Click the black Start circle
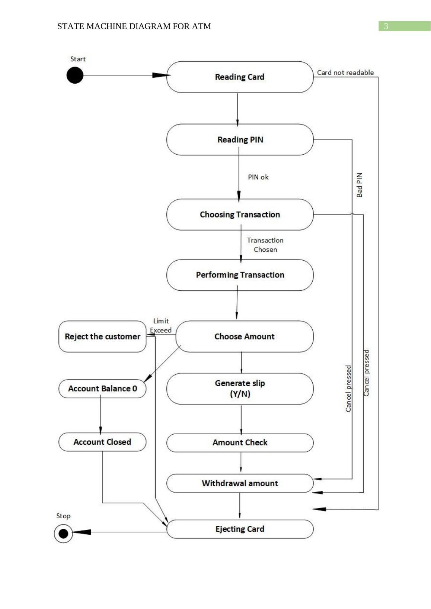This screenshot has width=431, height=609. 75,75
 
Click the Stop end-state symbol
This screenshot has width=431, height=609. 63,534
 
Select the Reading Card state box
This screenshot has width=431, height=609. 240,77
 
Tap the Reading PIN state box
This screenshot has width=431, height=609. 240,139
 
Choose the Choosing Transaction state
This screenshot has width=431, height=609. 240,215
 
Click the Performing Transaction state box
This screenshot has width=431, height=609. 240,275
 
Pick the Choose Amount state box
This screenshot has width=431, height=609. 244,336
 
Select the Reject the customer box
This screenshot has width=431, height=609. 102,336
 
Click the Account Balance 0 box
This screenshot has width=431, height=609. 102,389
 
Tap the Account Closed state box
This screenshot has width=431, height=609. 102,442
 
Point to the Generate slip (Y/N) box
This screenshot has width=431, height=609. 240,389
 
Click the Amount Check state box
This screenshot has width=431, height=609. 240,442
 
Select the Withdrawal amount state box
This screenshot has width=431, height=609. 240,483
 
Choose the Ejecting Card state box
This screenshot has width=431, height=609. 240,529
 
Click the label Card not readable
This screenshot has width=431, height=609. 345,72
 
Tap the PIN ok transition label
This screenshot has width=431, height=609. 258,177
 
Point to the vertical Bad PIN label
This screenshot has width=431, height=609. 359,185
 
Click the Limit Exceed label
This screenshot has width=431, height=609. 161,325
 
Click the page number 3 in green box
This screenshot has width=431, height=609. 386,26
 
